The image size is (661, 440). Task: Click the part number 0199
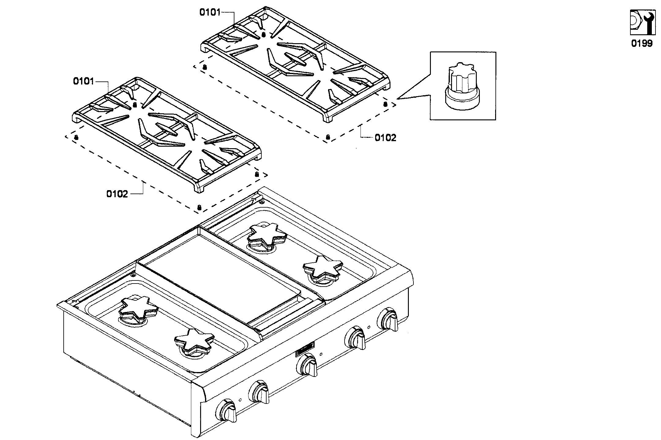(x=642, y=43)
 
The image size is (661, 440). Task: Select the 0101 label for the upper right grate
(x=210, y=12)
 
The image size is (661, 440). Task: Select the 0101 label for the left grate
(x=83, y=81)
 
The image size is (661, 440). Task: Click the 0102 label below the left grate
(x=117, y=194)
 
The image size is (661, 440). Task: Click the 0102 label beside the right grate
(x=385, y=138)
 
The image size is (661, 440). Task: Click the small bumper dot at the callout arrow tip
(x=385, y=104)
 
